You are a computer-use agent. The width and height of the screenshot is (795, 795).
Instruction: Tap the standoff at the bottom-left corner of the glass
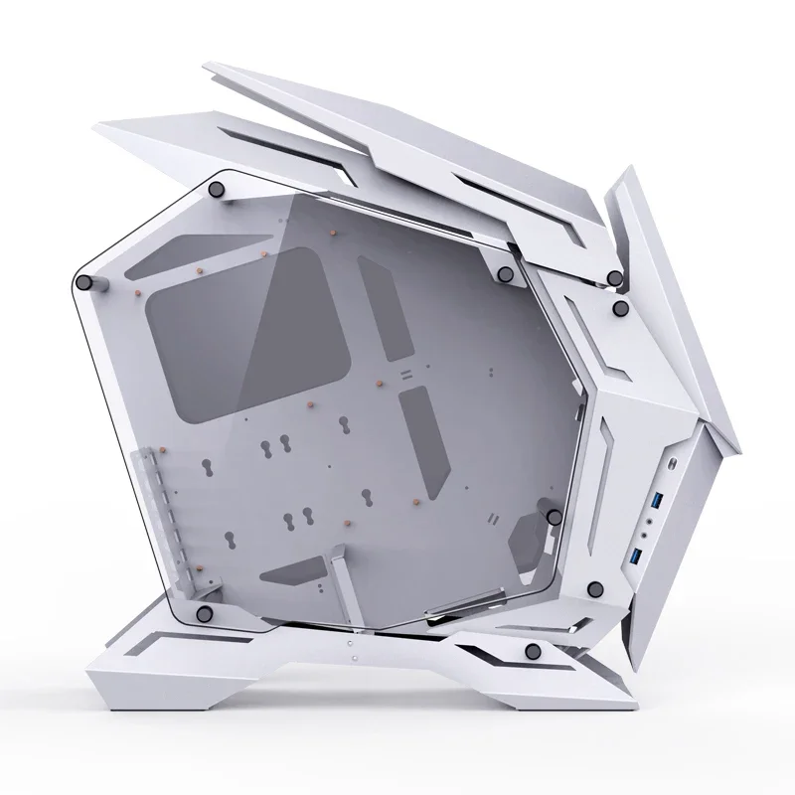coord(205,610)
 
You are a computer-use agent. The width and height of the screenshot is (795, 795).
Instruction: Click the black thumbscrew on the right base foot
coord(533,650)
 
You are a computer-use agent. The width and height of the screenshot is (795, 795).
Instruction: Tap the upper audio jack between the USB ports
coord(653,517)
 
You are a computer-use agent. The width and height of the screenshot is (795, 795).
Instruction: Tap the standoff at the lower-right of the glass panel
coord(553,517)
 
